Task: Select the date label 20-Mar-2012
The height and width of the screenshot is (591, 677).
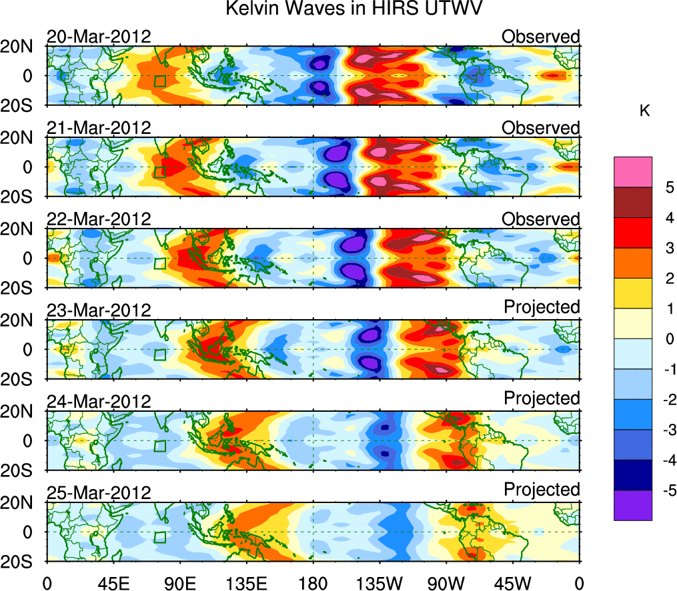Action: point(99,37)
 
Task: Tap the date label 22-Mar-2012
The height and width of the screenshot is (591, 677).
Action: point(99,219)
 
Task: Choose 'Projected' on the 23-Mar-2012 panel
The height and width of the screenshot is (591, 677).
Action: point(542,307)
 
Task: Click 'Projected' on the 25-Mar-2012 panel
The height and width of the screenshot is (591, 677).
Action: point(542,490)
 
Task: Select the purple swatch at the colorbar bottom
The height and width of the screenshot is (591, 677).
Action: point(632,505)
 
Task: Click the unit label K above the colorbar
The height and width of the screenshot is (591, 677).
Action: point(644,111)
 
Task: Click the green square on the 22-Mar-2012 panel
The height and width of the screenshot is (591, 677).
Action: point(159,263)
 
